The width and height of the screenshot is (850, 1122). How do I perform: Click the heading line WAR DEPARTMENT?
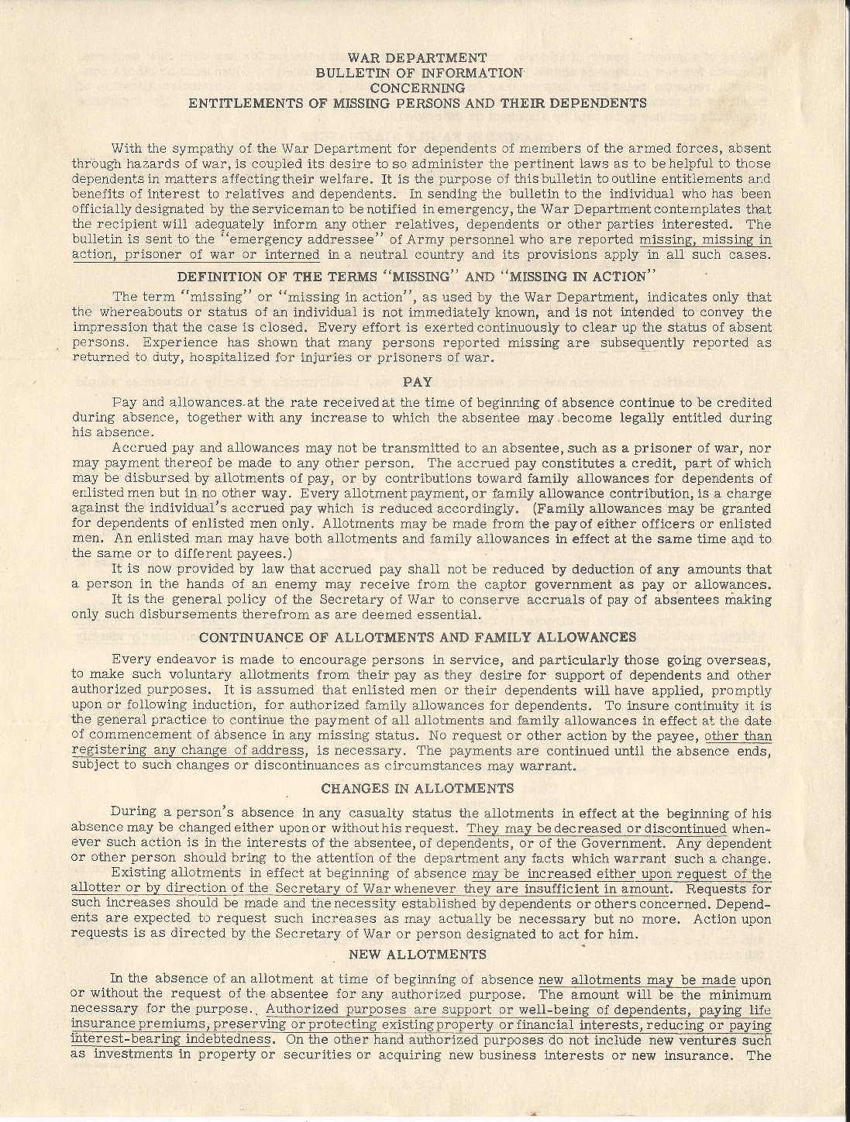(x=418, y=57)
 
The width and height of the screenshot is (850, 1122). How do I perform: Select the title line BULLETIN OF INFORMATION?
(x=418, y=72)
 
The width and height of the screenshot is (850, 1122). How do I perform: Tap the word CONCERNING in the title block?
(x=418, y=88)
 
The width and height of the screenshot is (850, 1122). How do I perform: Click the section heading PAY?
(x=418, y=381)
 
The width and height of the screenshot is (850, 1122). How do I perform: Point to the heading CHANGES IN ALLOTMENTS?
(x=418, y=789)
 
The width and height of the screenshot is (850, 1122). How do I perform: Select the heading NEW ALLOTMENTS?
(x=418, y=953)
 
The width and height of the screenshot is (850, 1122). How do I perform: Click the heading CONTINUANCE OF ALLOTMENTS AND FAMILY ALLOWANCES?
(x=418, y=637)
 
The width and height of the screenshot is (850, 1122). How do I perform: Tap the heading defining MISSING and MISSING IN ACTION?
(x=418, y=277)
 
